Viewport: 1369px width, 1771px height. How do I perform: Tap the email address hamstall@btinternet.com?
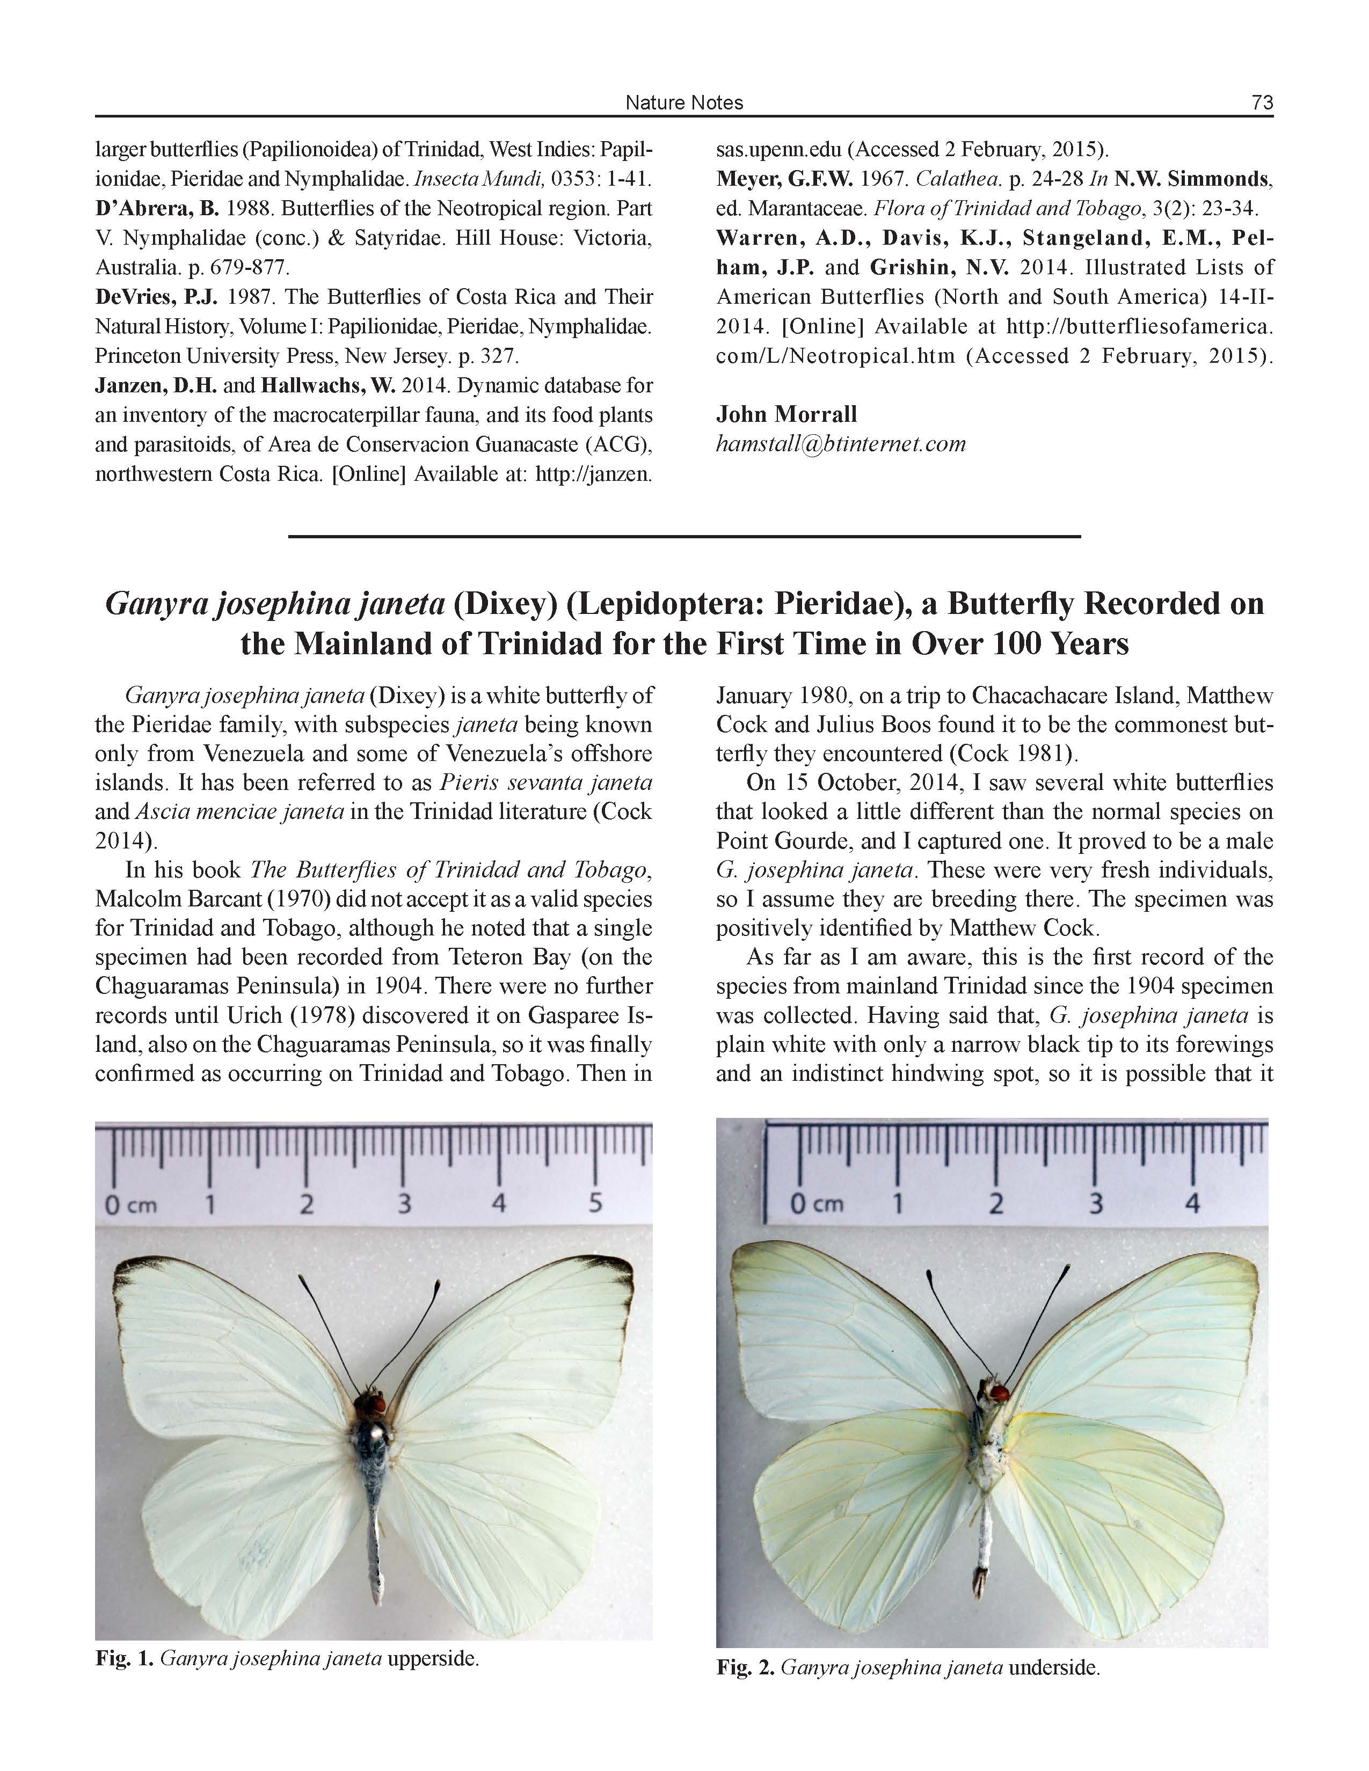840,444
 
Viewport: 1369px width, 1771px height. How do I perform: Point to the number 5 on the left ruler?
595,1203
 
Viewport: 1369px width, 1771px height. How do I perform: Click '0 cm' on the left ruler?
130,1204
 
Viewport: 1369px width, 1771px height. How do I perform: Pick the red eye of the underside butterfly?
1001,1394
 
